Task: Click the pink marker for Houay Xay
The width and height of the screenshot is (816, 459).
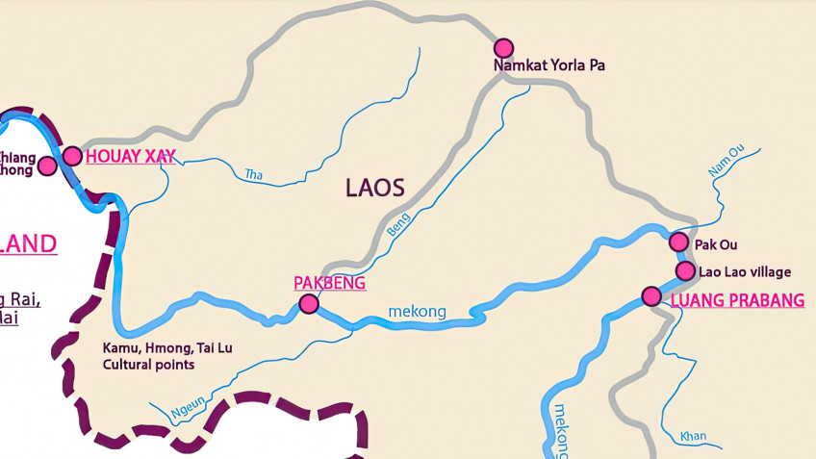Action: point(72,156)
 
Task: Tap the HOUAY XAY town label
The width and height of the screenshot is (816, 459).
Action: point(131,157)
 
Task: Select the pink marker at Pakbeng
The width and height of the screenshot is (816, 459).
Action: point(308,304)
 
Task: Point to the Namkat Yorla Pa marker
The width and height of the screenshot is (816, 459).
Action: point(503,48)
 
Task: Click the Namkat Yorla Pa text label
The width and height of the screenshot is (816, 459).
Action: point(548,66)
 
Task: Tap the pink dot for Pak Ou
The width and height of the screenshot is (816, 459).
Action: point(678,242)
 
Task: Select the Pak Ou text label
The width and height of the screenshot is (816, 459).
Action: point(715,245)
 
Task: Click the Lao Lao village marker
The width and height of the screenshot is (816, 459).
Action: point(684,271)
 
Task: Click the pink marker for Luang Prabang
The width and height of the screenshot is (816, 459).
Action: point(651,295)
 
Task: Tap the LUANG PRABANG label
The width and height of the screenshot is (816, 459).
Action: point(736,300)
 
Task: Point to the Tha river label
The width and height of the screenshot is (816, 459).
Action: point(254,174)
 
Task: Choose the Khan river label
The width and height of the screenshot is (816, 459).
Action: point(692,436)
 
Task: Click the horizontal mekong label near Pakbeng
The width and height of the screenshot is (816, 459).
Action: point(417,312)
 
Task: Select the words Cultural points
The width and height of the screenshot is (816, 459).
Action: point(149,366)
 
